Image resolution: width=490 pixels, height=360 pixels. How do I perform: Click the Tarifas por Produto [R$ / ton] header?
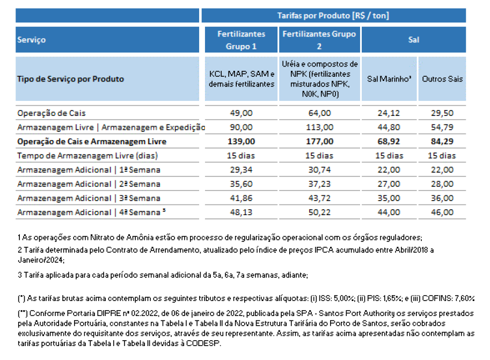coord(333,16)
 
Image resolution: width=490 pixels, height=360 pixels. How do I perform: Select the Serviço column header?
coord(32,40)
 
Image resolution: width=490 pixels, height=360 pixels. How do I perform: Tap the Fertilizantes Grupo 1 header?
coord(242,40)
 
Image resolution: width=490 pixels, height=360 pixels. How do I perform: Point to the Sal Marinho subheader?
coord(389,79)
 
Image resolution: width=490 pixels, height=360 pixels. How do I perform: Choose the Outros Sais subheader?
coord(442,79)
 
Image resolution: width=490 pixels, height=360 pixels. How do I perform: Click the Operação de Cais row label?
coord(51,113)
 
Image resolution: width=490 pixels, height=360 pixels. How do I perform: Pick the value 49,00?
coord(242,113)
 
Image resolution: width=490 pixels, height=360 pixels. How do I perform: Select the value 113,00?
coord(319,127)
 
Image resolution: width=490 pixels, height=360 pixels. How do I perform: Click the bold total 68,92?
coord(389,141)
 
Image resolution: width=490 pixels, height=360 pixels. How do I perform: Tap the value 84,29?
coord(442,141)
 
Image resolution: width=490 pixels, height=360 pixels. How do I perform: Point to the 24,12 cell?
coord(389,113)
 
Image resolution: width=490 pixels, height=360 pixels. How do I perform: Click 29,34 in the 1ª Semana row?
coord(242,170)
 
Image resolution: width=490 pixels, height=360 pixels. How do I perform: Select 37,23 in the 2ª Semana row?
coord(319,183)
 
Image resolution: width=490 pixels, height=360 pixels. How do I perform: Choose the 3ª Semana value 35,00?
coord(389,198)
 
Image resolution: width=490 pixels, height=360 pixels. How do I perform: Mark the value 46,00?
coord(442,212)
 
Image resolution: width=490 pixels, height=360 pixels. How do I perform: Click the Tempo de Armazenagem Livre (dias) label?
coord(87,156)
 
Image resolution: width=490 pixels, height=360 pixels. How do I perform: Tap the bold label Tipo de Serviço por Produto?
coord(71,79)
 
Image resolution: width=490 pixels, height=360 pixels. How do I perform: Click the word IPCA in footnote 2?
coord(324,250)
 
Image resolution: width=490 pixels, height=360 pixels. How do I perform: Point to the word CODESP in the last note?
coord(203,343)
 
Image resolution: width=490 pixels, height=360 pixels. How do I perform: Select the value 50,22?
coord(319,212)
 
